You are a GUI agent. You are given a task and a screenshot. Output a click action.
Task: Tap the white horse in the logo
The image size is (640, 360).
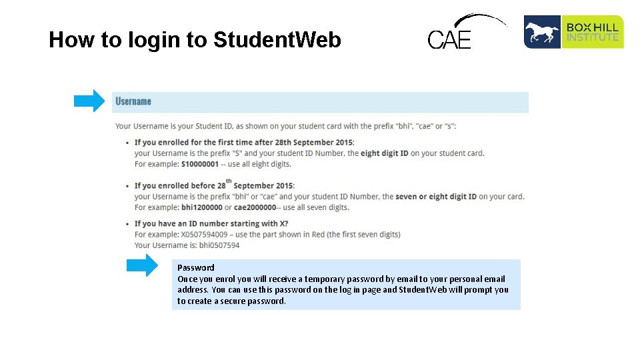point(541,32)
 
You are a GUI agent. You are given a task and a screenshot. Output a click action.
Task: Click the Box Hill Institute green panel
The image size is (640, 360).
point(593,32)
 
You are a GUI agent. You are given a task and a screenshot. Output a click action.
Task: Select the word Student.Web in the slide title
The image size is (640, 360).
point(277,40)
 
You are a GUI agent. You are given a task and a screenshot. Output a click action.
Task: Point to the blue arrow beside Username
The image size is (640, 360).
point(89,101)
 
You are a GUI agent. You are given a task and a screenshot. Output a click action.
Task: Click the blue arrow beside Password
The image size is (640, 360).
point(143,265)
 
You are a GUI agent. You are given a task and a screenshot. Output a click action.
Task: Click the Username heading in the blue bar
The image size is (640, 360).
point(133,101)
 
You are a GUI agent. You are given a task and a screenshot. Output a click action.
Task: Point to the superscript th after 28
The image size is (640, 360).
point(229,180)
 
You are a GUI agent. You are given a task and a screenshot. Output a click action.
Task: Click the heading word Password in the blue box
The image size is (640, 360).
point(196,267)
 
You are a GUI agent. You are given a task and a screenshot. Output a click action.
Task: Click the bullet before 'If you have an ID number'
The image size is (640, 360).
point(127,224)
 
